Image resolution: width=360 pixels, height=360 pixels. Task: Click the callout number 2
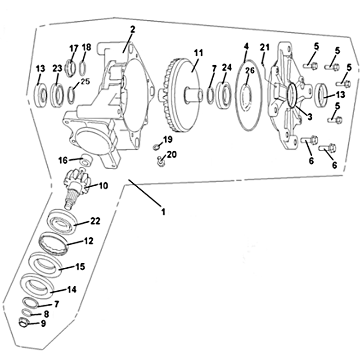click(132, 29)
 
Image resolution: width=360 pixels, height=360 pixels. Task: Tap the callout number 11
click(198, 53)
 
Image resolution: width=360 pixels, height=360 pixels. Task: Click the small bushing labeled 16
click(86, 160)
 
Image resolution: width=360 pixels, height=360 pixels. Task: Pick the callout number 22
click(95, 221)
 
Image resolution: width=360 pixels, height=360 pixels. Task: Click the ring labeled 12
click(54, 243)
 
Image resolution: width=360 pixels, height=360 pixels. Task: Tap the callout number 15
click(80, 266)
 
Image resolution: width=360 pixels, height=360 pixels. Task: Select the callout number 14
click(72, 289)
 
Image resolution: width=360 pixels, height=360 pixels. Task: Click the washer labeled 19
click(156, 146)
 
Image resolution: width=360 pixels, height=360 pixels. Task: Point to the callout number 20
click(172, 154)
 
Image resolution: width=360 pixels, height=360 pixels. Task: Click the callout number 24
click(227, 67)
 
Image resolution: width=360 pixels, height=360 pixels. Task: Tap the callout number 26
click(250, 70)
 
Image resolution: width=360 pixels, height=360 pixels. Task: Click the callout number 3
click(310, 117)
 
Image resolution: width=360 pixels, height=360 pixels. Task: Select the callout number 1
click(163, 211)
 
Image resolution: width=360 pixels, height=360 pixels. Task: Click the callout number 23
click(58, 68)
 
